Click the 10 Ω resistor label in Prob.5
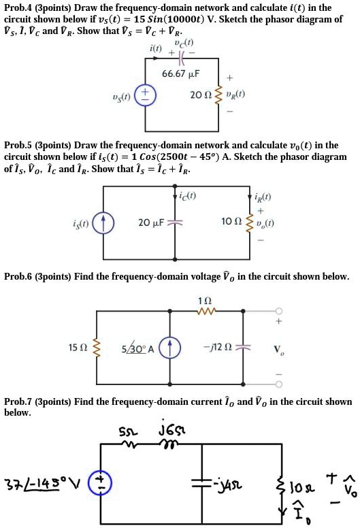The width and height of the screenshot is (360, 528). click(x=230, y=222)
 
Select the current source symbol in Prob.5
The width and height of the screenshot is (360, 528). click(x=103, y=222)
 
